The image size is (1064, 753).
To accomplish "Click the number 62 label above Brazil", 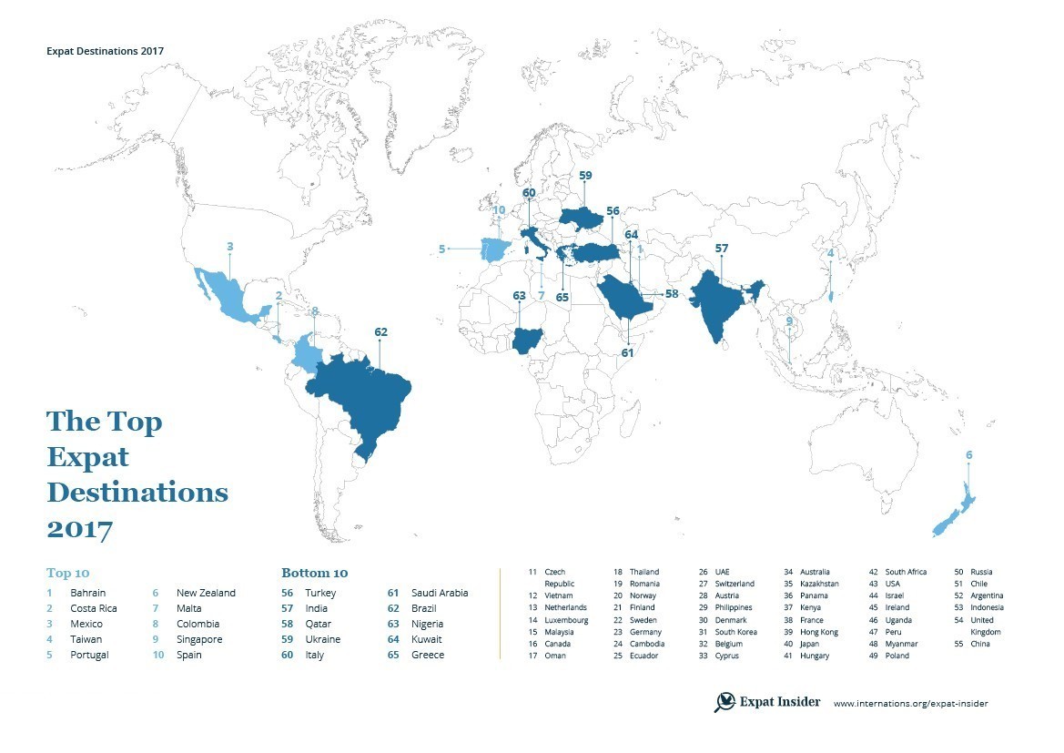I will pos(380,332).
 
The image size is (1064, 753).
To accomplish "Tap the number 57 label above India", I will pos(722,248).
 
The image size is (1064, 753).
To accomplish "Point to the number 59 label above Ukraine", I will pos(585,175).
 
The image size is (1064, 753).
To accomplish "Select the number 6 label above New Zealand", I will pos(969,454).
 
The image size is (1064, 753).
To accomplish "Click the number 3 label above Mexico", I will pos(230,246).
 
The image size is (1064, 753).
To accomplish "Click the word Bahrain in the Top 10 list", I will pos(88,593).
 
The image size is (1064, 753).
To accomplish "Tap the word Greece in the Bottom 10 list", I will pos(428,655).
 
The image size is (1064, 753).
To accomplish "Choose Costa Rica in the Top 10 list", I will pos(94,608).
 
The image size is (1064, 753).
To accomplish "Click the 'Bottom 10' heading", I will pos(314,574).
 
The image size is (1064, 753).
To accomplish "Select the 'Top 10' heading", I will pos(68,574).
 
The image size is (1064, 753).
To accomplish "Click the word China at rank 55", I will pos(981,644).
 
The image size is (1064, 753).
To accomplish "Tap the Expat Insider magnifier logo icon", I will pos(725,702).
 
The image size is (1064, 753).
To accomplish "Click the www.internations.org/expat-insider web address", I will pos(910,703).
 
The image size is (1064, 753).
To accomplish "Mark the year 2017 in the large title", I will pos(79,528).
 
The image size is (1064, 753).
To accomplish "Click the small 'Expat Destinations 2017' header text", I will pos(105,51).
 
